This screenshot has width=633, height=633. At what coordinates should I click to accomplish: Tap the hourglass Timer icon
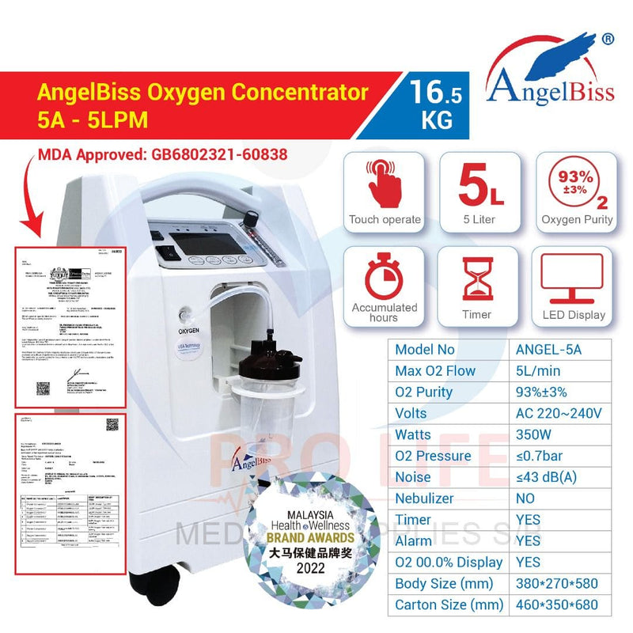pyautogui.click(x=478, y=276)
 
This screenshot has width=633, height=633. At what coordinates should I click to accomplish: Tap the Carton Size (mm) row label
pyautogui.click(x=449, y=605)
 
